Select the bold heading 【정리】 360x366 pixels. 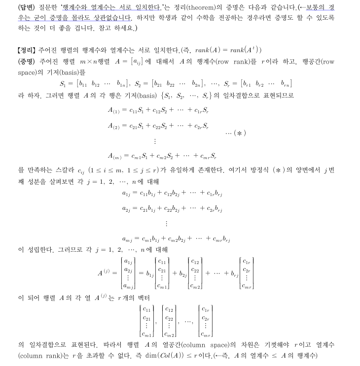(26, 50)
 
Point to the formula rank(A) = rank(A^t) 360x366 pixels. (228, 50)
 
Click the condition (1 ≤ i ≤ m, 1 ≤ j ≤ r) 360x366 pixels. (124, 170)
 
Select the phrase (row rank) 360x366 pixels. (234, 61)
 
